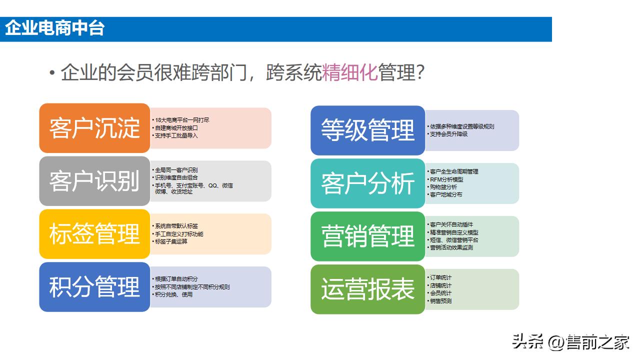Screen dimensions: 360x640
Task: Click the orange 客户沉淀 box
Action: click(94, 128)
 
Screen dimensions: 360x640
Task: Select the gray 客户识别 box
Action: click(94, 181)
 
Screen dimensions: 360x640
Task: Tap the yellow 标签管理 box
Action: click(94, 234)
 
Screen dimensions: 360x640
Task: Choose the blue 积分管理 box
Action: click(94, 287)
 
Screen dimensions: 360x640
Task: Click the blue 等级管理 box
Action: click(367, 130)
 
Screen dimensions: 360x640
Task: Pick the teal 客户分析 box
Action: click(367, 183)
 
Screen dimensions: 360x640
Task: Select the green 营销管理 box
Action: click(367, 236)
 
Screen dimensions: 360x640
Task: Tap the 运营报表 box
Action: click(367, 289)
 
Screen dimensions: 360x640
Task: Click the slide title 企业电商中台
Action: click(54, 28)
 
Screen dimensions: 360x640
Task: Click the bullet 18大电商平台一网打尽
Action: click(182, 120)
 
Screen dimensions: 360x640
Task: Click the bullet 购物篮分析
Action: click(443, 186)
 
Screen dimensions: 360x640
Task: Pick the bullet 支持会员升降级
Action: click(449, 134)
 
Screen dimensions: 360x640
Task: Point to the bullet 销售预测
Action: click(440, 301)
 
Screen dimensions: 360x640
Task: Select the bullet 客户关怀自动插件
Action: click(451, 224)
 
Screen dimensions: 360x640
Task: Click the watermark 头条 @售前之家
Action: click(570, 343)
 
